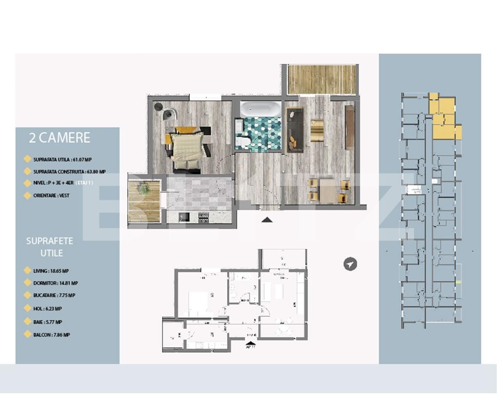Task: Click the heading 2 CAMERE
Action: (x=59, y=138)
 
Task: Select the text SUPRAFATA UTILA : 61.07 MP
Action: (x=56, y=159)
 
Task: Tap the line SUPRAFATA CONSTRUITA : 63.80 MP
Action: (x=69, y=171)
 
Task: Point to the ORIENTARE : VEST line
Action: (x=51, y=195)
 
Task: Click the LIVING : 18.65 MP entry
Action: (x=51, y=271)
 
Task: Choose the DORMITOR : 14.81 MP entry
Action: (x=55, y=283)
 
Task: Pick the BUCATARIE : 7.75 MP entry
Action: (x=54, y=296)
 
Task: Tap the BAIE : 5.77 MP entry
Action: (x=48, y=322)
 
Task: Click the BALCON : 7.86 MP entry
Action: (x=51, y=335)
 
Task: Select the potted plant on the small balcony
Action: (x=144, y=190)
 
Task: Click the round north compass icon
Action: (x=350, y=264)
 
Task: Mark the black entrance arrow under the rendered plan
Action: (x=267, y=220)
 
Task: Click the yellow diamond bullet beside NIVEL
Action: (x=27, y=183)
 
